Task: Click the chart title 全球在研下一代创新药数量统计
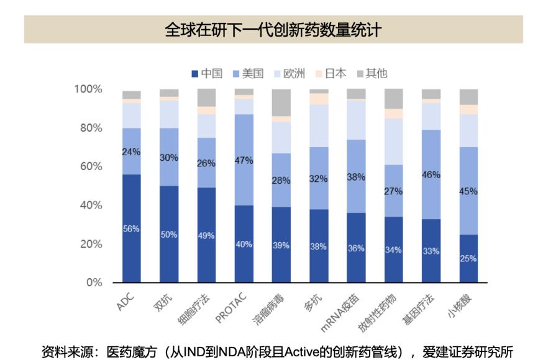click(269, 29)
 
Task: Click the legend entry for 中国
click(207, 73)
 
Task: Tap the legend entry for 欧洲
click(290, 73)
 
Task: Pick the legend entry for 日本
click(331, 73)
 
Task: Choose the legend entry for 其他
click(371, 73)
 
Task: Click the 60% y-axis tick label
click(90, 166)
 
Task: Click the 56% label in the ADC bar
click(131, 228)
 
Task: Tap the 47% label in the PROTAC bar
click(244, 160)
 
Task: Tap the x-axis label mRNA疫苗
click(340, 308)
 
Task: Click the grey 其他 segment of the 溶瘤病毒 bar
click(281, 102)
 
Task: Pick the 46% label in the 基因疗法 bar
click(431, 175)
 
